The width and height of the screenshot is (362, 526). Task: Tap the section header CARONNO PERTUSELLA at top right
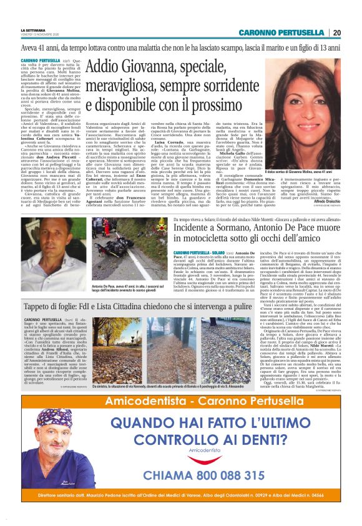[x=283, y=32]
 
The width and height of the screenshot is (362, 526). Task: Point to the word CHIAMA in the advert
[x=145, y=475]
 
